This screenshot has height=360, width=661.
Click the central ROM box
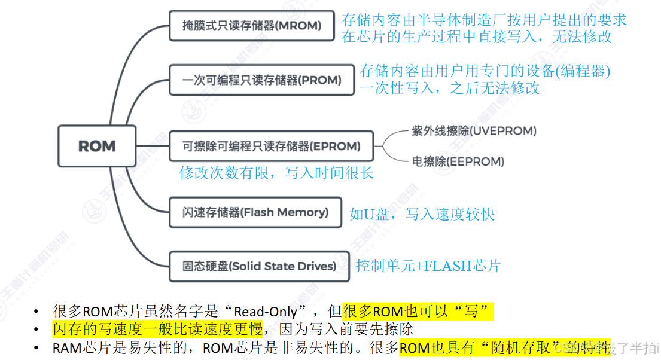coord(97,146)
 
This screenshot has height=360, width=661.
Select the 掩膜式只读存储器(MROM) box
coord(251,26)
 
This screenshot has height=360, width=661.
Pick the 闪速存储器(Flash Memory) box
coord(255,212)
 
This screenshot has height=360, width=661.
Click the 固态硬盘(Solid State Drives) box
coord(259,266)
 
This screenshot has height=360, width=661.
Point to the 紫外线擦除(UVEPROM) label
coord(474,130)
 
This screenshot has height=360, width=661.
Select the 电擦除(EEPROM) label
coord(458,161)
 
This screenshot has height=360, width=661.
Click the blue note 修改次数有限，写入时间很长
coord(277,173)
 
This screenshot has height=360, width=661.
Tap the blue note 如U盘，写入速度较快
coord(422,214)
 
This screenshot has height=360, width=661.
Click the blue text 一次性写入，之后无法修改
coord(449,89)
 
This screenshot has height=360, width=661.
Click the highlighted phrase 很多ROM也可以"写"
coord(418,312)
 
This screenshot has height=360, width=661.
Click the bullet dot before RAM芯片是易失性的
coord(38,348)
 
